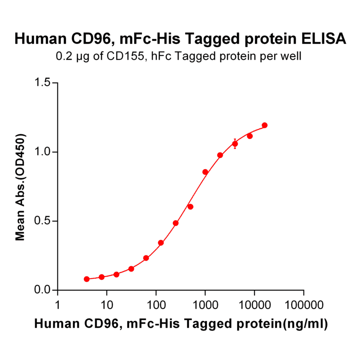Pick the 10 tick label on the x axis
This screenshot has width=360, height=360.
click(107, 304)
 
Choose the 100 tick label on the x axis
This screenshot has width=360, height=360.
click(156, 304)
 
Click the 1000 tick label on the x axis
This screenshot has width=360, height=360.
click(205, 304)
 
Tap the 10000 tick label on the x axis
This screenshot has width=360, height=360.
click(254, 304)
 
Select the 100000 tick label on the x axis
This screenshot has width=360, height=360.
click(303, 304)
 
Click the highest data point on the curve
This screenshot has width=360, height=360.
click(264, 125)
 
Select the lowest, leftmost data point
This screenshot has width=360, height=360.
click(87, 279)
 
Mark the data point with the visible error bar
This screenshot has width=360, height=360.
click(235, 144)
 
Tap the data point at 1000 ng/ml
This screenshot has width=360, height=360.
click(205, 172)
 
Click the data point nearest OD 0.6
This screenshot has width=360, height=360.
click(190, 207)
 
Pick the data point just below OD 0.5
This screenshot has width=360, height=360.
click(176, 223)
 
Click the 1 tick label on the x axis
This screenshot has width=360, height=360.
click(58, 304)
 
